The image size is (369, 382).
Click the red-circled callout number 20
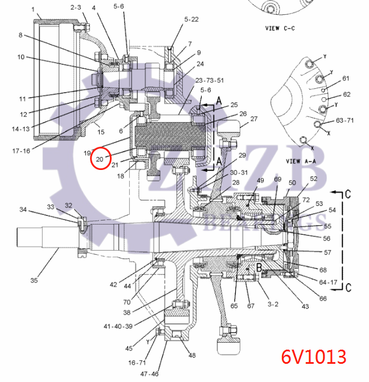click(100, 159)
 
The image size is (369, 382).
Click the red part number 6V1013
click(313, 356)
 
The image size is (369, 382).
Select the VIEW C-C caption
click(284, 27)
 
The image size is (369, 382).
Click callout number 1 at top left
click(33, 9)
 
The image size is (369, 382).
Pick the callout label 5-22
click(191, 19)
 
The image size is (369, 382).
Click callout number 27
click(254, 119)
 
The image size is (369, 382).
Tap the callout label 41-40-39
click(118, 326)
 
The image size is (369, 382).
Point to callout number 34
click(23, 210)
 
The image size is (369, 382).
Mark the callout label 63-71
click(345, 121)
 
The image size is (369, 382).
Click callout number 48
click(192, 356)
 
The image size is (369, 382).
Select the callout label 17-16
click(20, 151)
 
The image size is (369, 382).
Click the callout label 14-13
click(20, 129)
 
